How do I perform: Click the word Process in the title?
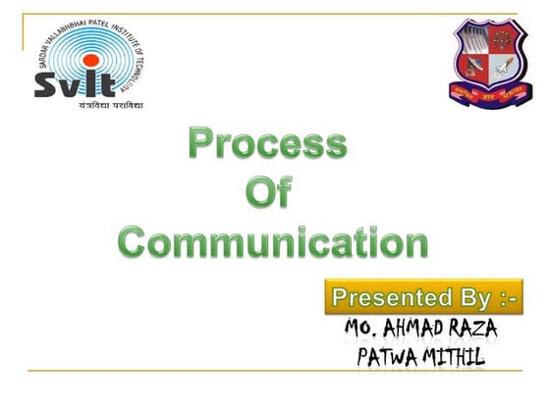(268, 145)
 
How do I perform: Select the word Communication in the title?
(273, 241)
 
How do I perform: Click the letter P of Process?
(201, 145)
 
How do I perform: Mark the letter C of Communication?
(135, 241)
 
